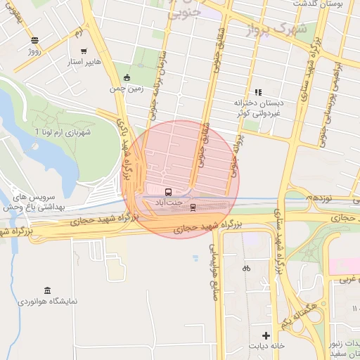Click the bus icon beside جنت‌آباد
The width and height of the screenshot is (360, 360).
(168, 192)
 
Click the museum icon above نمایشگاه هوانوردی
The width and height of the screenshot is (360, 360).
(47, 291)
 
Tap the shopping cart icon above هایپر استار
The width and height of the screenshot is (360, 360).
(84, 51)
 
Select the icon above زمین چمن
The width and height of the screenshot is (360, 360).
(126, 78)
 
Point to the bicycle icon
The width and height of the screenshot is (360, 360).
(246, 268)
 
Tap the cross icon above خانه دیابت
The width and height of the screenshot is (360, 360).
(266, 335)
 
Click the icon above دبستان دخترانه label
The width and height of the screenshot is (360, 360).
(258, 92)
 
